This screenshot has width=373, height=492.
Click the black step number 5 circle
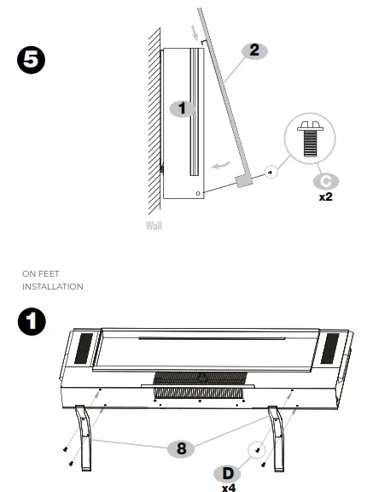32,61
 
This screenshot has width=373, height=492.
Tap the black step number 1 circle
32,323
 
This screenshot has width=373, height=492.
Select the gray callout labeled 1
180,108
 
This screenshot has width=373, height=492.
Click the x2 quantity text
324,196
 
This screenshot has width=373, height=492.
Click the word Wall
153,226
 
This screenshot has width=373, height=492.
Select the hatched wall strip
154,120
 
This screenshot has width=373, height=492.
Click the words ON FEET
39,274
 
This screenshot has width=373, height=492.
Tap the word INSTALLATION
53,286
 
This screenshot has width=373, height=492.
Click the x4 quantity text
228,489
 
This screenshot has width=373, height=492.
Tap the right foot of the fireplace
281,435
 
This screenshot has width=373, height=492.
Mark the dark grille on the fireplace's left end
84,347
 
